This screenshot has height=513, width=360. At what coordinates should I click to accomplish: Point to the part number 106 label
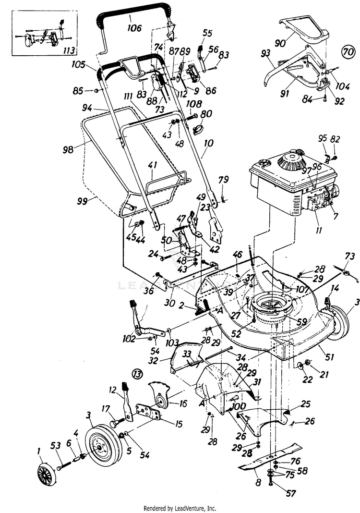[135, 28]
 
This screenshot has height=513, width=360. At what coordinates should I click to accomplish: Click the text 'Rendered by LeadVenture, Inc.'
[180, 508]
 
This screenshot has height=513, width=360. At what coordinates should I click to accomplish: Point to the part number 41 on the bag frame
[153, 166]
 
